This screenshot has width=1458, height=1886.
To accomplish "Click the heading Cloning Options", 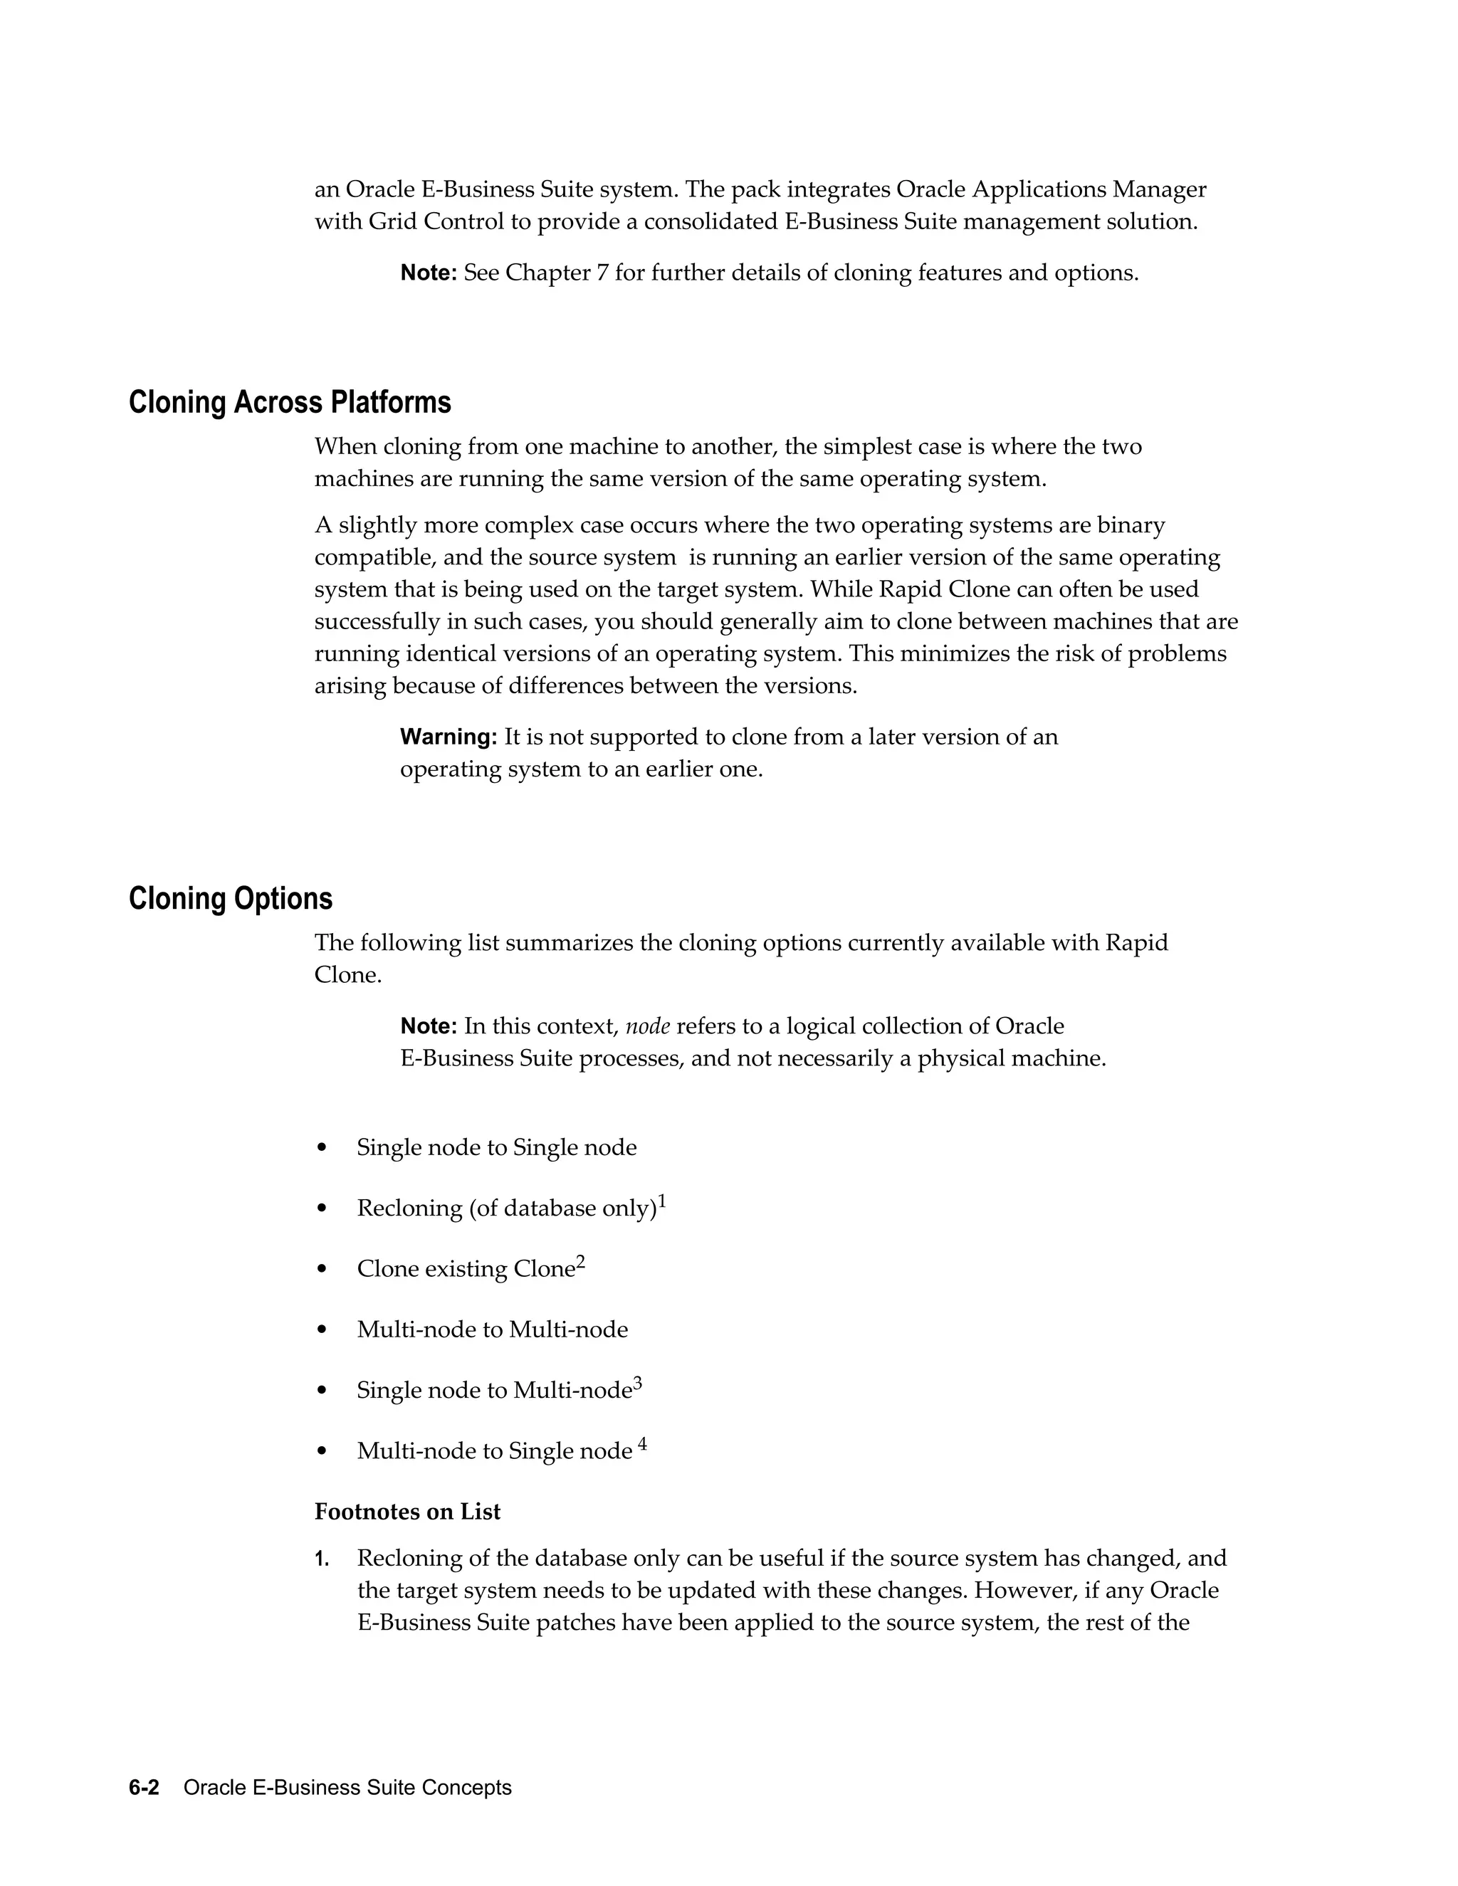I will coord(231,899).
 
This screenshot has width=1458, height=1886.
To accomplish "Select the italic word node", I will coord(647,1026).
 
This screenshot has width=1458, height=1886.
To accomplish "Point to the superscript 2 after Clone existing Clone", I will coord(580,1262).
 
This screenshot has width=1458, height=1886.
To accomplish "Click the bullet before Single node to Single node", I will coord(322,1148).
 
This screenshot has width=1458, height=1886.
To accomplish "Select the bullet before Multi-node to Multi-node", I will coord(322,1330).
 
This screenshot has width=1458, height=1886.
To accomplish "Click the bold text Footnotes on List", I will coord(407,1511).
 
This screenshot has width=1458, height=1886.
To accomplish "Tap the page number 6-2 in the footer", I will coord(145,1788).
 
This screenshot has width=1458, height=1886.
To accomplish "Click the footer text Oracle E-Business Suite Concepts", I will coord(347,1788).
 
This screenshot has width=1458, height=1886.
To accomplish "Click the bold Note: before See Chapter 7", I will coord(429,273).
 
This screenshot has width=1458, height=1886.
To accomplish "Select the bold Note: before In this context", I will coord(429,1026).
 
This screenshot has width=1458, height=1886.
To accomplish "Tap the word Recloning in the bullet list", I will coord(409,1208).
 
